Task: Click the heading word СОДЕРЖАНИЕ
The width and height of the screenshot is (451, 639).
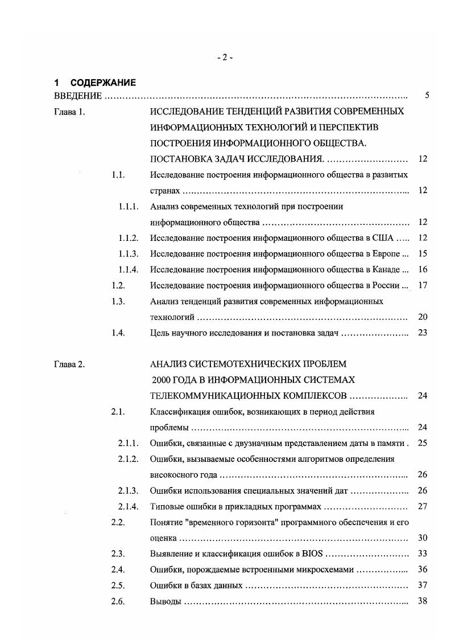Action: [x=103, y=83]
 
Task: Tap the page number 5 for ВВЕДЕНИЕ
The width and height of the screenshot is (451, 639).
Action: [x=426, y=96]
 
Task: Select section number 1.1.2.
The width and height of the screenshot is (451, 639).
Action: [x=129, y=238]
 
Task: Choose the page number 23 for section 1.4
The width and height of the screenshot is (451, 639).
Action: [x=422, y=333]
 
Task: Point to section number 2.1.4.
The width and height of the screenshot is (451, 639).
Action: [x=129, y=506]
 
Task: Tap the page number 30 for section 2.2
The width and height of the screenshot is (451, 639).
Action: [x=422, y=538]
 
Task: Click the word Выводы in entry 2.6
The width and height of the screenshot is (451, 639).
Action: [x=165, y=601]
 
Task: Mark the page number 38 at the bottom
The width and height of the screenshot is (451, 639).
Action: [x=422, y=601]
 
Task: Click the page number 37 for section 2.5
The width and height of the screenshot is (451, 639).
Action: [x=422, y=585]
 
